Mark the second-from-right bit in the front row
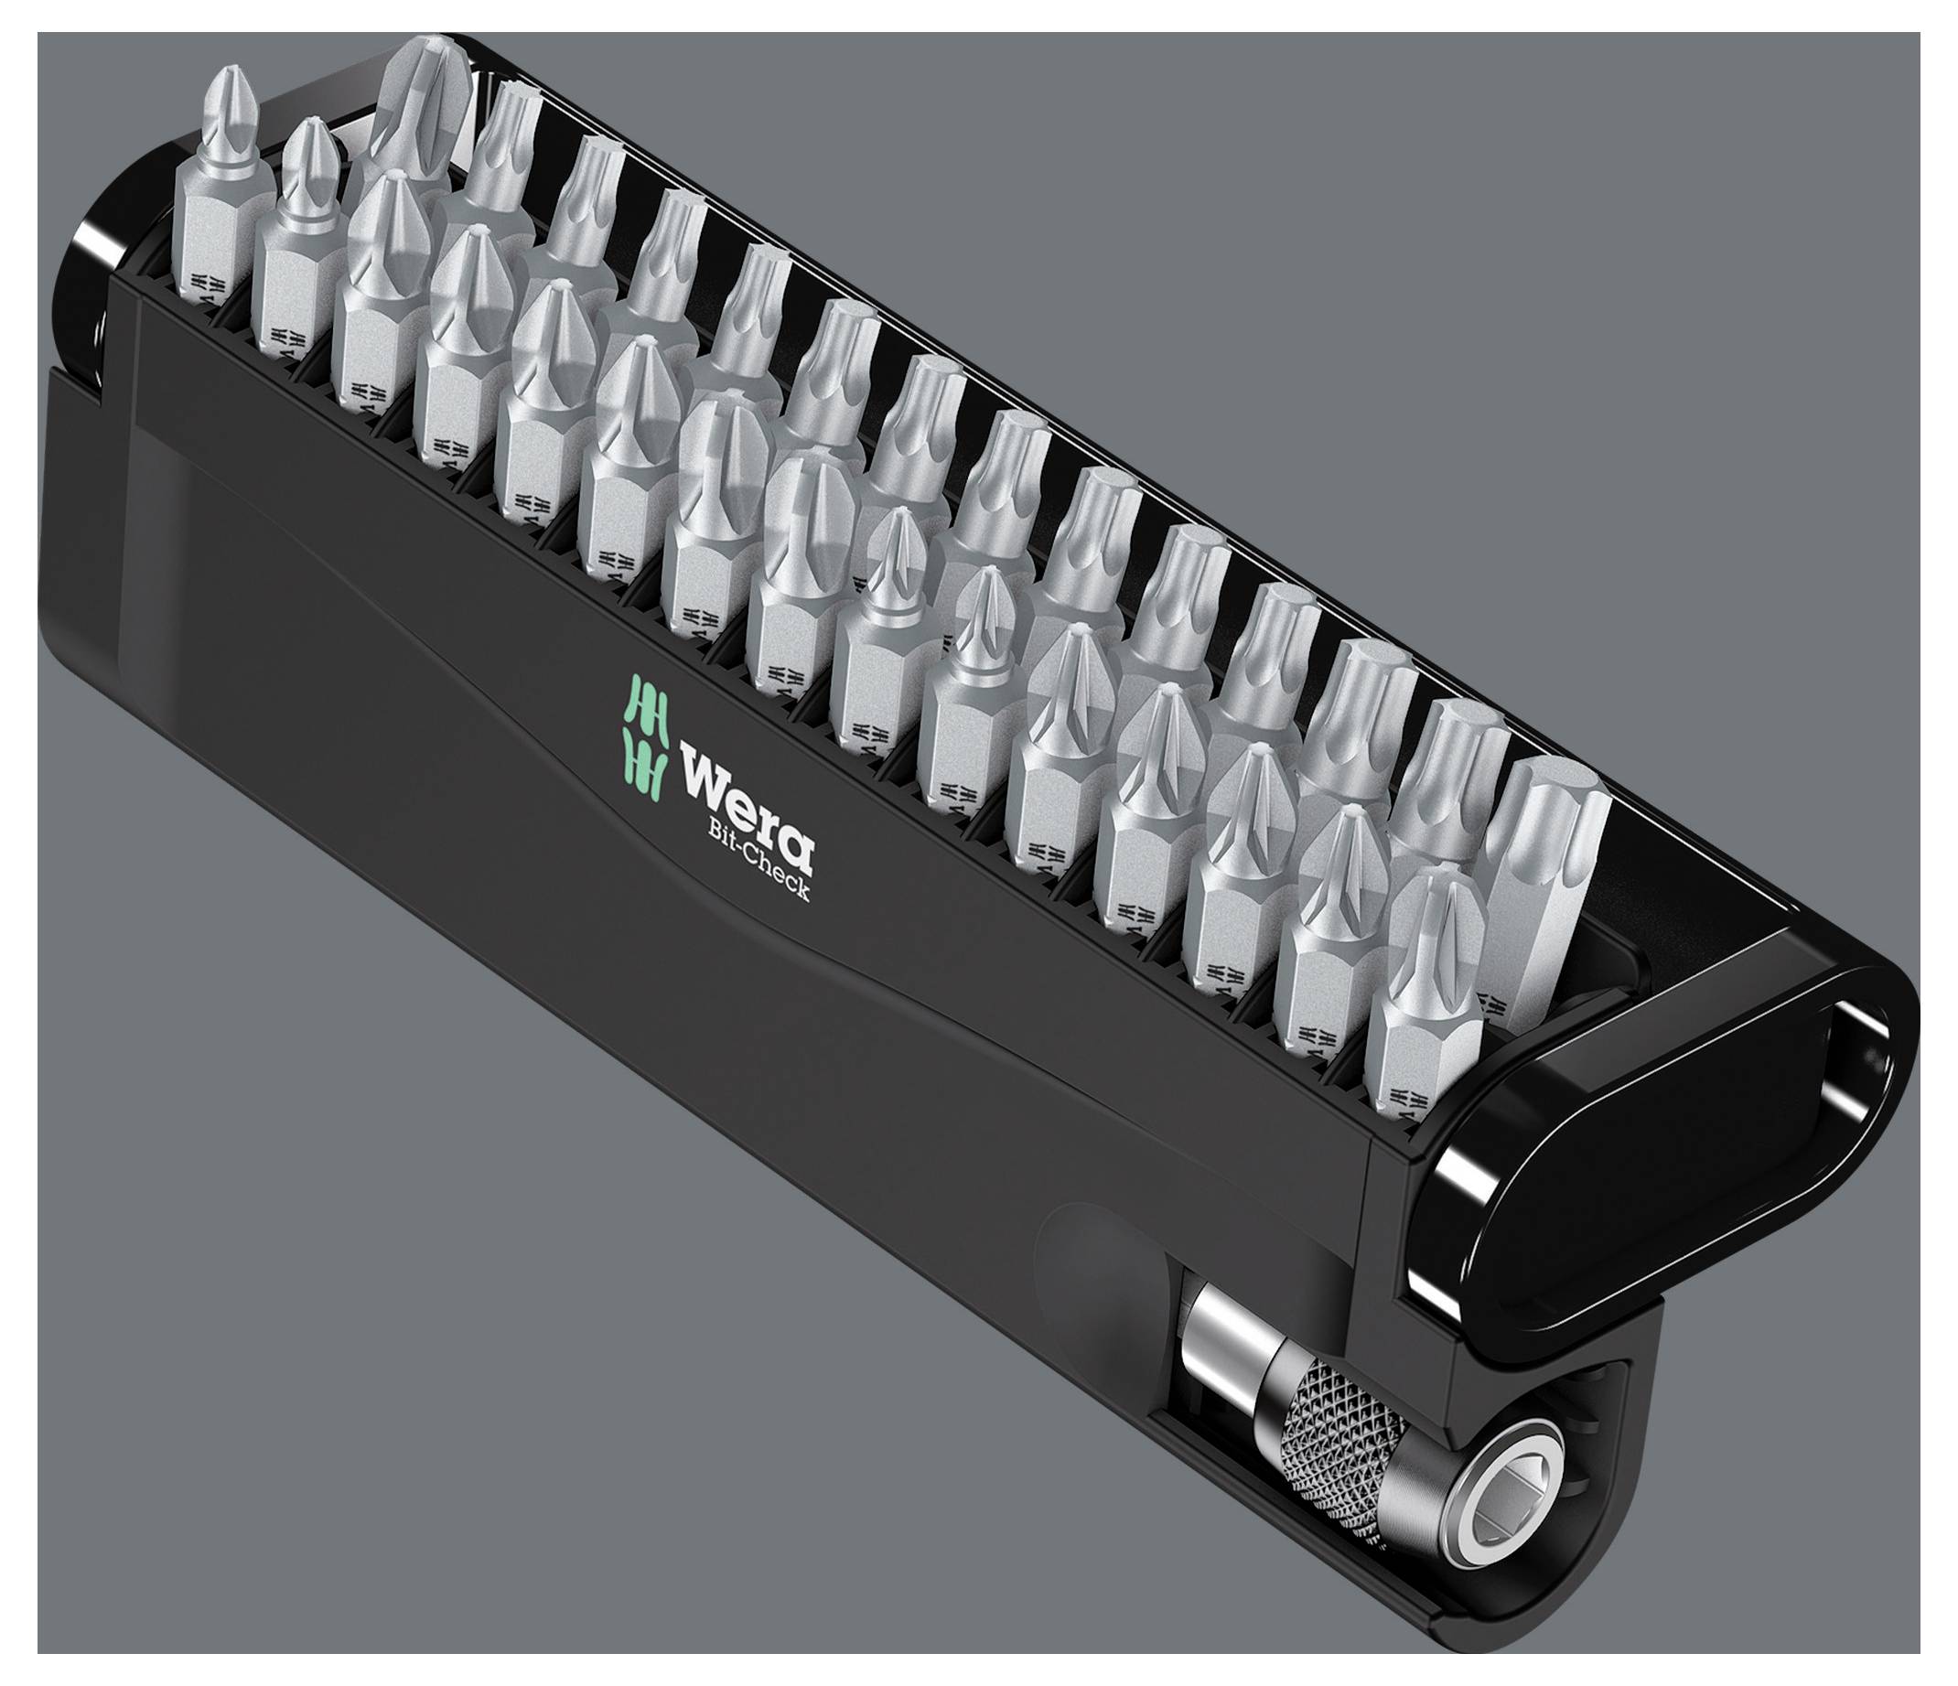click(1332, 926)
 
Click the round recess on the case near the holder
click(1096, 1266)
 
